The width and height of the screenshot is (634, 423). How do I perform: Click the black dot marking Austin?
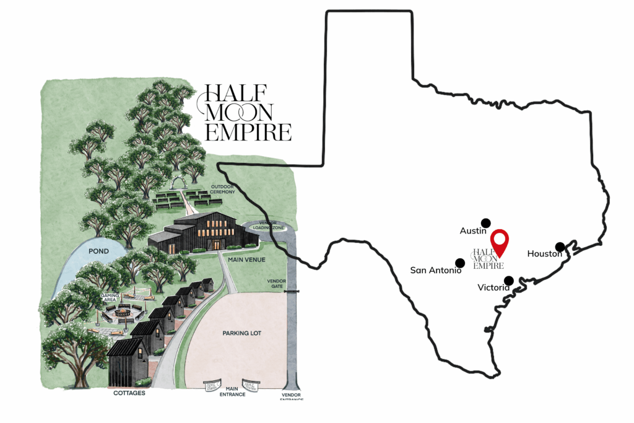[x=485, y=223]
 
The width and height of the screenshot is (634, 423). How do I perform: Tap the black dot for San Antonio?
[x=459, y=263]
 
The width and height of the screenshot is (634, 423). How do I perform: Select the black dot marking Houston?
[x=560, y=246]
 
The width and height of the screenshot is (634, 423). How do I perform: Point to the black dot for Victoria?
[x=509, y=280]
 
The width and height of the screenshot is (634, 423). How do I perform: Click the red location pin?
[x=500, y=242]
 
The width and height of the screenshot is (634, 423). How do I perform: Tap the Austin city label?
[x=473, y=231]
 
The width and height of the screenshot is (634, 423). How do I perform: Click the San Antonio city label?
[x=436, y=271]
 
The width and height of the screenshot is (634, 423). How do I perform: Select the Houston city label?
[x=544, y=254]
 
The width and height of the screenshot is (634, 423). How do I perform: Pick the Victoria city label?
[x=493, y=288]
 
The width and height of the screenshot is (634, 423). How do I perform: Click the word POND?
[x=98, y=251]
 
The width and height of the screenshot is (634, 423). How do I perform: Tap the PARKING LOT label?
[x=241, y=333]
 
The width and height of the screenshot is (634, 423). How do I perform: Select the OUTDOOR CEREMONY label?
[x=224, y=189]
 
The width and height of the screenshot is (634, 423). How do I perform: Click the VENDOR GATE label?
[x=276, y=284]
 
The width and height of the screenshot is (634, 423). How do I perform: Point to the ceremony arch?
[x=180, y=182]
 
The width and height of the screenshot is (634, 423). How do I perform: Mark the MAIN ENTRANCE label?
[x=228, y=391]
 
